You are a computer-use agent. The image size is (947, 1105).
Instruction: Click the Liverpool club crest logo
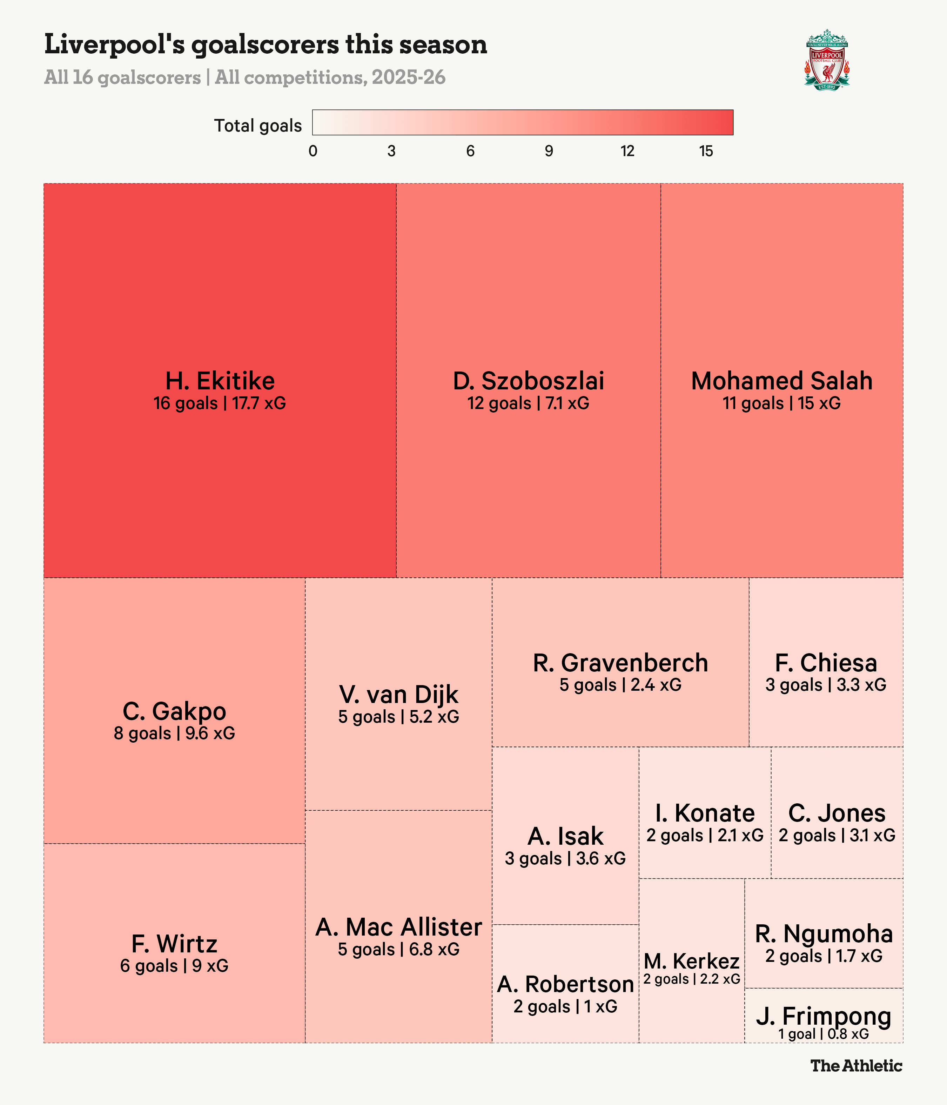pos(826,60)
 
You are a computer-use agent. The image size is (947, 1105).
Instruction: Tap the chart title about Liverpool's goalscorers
pos(266,44)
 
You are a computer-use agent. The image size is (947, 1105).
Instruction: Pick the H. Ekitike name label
pos(220,381)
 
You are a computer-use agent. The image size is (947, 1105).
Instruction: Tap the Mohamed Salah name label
pos(782,381)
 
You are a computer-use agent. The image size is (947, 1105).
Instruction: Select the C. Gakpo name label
pos(174,711)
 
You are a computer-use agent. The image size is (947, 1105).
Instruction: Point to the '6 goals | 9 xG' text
pos(174,966)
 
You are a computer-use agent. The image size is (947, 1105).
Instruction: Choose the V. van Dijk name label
pos(398,694)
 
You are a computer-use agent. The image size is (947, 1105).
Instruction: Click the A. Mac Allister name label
pos(398,927)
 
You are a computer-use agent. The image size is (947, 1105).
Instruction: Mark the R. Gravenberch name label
pos(620,663)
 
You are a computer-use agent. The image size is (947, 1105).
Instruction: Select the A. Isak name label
pos(565,836)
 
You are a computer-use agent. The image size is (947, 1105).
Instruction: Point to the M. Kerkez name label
pos(692,961)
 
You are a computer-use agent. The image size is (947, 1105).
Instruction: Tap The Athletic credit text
pos(857,1066)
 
